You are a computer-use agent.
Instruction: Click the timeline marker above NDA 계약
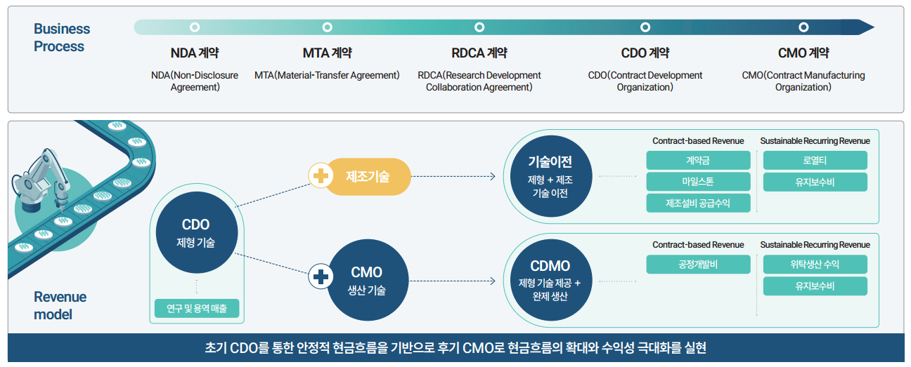[195, 27]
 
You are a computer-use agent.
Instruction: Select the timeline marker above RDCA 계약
[479, 27]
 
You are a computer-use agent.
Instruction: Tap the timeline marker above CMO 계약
[803, 27]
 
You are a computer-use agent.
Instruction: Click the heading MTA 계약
[327, 53]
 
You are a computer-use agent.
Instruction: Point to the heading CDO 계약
[645, 53]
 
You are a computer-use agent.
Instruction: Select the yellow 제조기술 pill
[368, 177]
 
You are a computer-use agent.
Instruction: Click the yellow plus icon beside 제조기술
[321, 177]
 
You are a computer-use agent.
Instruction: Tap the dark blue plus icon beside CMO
[321, 277]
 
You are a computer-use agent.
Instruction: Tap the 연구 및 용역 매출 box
[196, 308]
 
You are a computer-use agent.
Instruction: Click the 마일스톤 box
[698, 182]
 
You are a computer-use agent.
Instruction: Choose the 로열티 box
[815, 161]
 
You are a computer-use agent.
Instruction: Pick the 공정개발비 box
[698, 265]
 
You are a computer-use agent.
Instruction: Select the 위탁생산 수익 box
[815, 265]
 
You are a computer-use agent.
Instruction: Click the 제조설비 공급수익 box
[698, 203]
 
